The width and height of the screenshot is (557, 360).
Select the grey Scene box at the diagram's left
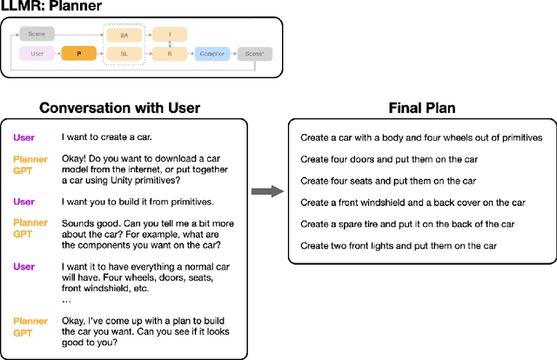(x=37, y=34)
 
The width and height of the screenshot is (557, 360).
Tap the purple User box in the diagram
(x=37, y=54)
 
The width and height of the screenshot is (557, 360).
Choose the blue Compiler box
(x=212, y=54)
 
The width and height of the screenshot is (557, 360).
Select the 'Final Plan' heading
(x=421, y=109)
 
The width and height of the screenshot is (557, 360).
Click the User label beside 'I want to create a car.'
(x=23, y=137)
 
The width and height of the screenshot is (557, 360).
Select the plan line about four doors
(x=389, y=159)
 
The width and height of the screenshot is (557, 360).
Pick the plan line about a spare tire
(x=407, y=224)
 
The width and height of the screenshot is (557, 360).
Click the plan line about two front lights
(x=396, y=246)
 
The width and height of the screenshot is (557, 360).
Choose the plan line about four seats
(x=388, y=181)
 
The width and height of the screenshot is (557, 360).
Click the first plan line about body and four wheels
(x=421, y=137)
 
